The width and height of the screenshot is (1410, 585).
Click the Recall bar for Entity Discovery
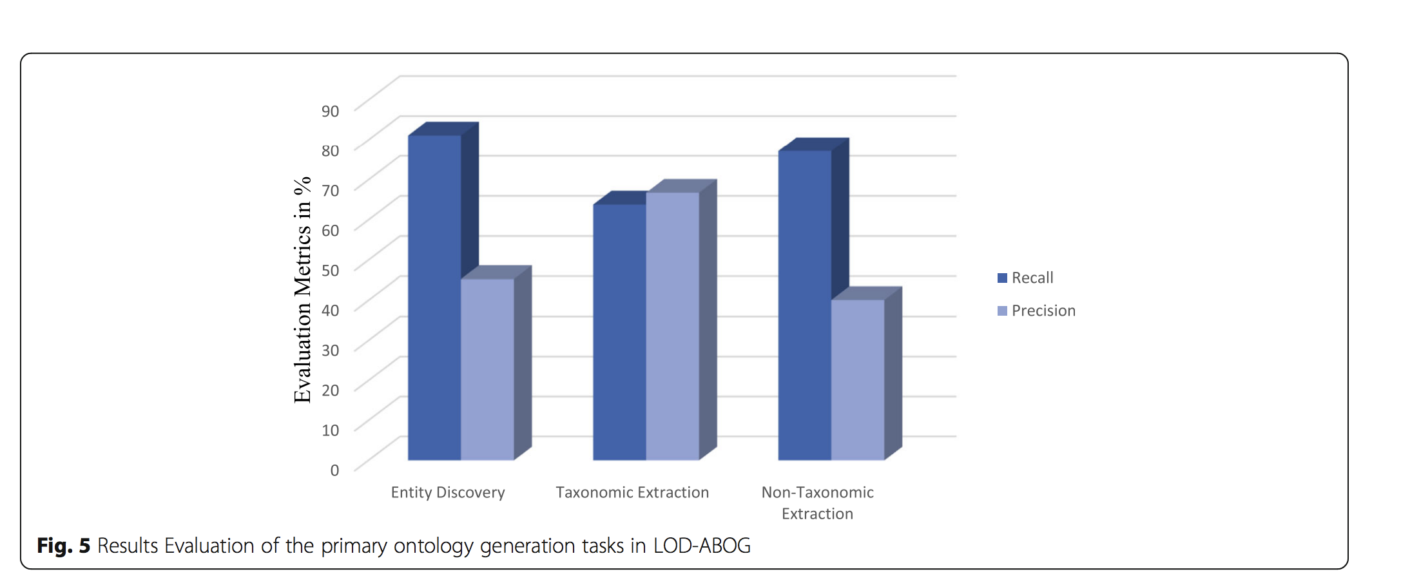coord(434,296)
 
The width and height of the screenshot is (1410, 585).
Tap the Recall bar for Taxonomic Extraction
coord(619,332)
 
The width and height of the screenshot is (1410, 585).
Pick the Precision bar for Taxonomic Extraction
coord(672,325)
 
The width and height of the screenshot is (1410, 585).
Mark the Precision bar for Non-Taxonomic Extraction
coord(857,379)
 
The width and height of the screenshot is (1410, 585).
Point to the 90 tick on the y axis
coord(331,111)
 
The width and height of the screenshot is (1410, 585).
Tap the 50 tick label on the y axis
coord(331,270)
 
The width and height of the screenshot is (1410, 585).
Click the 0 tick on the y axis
coord(334,470)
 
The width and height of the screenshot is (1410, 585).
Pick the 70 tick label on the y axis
coord(331,191)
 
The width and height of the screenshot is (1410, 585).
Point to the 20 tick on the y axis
coord(331,390)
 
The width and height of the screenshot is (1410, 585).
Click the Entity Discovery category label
coord(448,492)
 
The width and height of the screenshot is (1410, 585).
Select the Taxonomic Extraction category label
coord(632,492)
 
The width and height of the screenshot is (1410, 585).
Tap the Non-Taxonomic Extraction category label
coord(817,503)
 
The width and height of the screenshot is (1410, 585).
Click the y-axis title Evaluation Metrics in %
coord(302,290)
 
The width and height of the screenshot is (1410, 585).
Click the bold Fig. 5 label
coord(63,546)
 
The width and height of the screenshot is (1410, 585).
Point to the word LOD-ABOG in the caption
coord(702,546)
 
